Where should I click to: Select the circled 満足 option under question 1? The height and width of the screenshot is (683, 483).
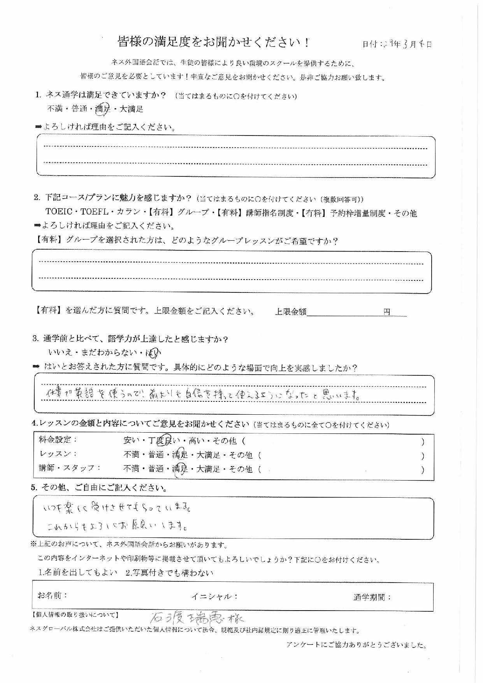point(103,109)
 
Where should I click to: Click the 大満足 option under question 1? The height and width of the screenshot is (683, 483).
point(131,109)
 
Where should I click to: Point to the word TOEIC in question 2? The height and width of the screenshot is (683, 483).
point(59,213)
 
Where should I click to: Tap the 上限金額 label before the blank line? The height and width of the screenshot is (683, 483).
point(290,312)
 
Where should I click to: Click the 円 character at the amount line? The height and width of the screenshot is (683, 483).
point(386,312)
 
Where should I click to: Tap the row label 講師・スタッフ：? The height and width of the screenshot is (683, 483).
point(70,468)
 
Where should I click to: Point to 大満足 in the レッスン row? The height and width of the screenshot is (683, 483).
point(208,455)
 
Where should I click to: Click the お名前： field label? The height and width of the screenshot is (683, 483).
point(53,595)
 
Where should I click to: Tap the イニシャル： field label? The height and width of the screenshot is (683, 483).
point(214,597)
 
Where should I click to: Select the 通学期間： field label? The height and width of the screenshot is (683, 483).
point(372,597)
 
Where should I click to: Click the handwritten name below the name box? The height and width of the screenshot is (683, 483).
point(197,618)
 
